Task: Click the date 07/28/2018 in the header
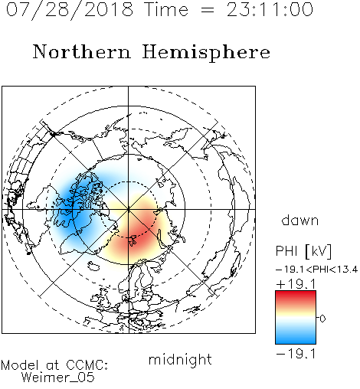(x=70, y=10)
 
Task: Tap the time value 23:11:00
(x=270, y=9)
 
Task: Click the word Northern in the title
(x=82, y=51)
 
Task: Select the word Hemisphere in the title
(x=206, y=53)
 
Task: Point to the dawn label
(x=300, y=220)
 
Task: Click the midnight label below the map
(x=180, y=359)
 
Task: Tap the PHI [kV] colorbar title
(x=303, y=251)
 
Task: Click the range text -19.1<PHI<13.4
(x=317, y=270)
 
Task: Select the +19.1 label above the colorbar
(x=296, y=284)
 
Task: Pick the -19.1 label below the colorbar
(x=296, y=354)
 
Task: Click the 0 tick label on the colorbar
(x=322, y=319)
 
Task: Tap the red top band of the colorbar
(x=296, y=296)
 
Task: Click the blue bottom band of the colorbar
(x=296, y=338)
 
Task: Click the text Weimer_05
(x=58, y=378)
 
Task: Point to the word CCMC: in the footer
(x=87, y=365)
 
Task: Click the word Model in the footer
(x=20, y=365)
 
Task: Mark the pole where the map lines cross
(x=129, y=209)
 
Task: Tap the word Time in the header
(x=166, y=9)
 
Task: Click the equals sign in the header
(x=208, y=10)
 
